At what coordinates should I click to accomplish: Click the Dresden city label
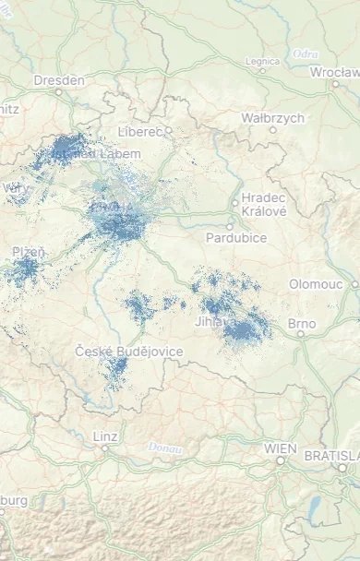coord(59,80)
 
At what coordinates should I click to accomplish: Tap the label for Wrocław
coord(334,71)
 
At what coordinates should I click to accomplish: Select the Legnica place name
coord(262,61)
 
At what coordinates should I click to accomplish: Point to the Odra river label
coord(305,54)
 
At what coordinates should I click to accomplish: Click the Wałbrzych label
coord(272,118)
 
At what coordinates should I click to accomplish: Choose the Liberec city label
coord(139,133)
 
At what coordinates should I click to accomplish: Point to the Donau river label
coord(163,448)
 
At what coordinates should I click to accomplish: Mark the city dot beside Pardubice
coord(231,226)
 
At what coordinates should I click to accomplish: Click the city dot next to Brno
coord(301,334)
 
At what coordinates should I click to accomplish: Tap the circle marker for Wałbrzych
coord(272,130)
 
